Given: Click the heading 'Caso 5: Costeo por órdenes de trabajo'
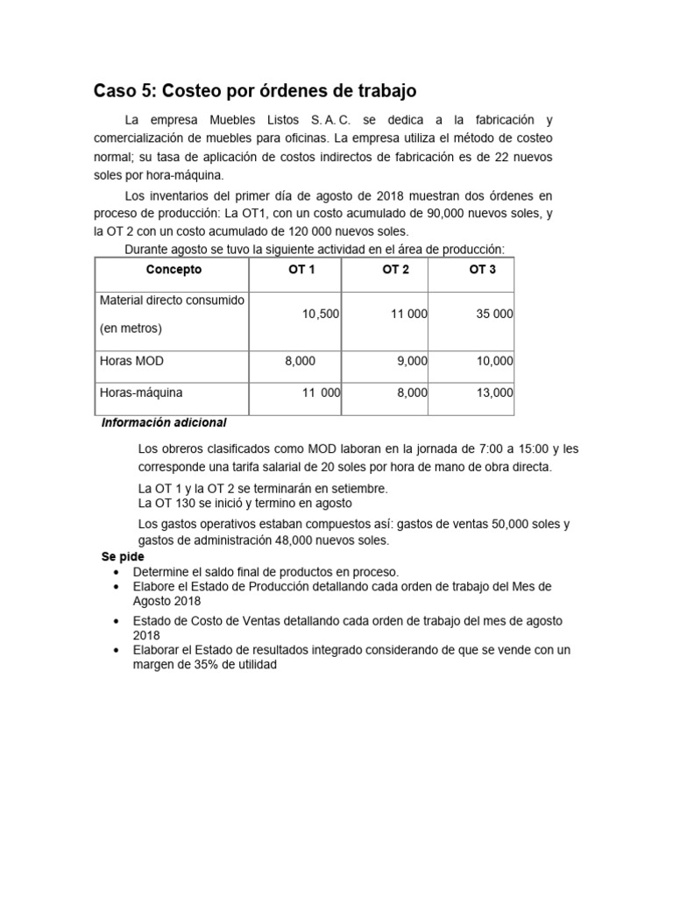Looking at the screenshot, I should click(255, 91).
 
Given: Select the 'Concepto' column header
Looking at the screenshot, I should click(174, 270).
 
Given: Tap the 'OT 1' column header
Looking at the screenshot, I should click(301, 270).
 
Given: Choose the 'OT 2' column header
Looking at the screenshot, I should click(396, 270).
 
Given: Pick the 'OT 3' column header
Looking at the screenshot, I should click(482, 270).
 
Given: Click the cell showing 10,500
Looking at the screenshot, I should click(321, 314).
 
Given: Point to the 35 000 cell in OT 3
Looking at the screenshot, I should click(494, 314).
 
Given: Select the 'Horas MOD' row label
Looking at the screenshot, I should click(132, 361).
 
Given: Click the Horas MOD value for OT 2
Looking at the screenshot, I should click(412, 361).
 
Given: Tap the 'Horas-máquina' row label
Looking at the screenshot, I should click(142, 394).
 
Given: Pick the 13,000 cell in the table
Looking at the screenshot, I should click(494, 394).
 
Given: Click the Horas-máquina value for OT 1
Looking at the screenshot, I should click(321, 394).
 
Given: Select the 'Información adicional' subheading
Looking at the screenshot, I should click(164, 423).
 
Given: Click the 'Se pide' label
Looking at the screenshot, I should click(123, 557).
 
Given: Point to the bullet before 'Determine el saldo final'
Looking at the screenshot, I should click(118, 571).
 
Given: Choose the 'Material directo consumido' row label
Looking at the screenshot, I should click(172, 300).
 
